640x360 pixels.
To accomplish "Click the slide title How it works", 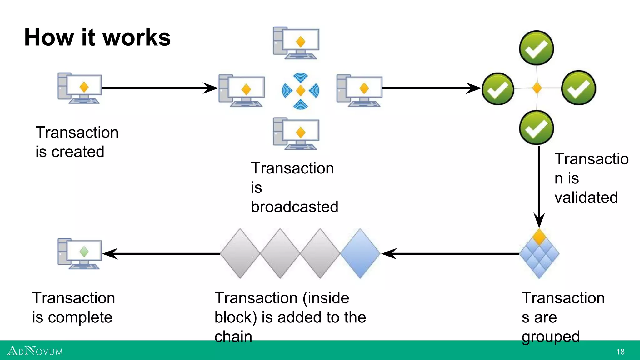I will pyautogui.click(x=97, y=37).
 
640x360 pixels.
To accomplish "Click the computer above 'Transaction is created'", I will pyautogui.click(x=80, y=88).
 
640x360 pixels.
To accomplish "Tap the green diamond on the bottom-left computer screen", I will pyautogui.click(x=84, y=252).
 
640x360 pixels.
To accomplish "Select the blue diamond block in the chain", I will pyautogui.click(x=360, y=253).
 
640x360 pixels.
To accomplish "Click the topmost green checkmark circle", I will pyautogui.click(x=537, y=48).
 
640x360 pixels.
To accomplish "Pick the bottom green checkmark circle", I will pyautogui.click(x=537, y=127).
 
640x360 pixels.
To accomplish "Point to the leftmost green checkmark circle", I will pyautogui.click(x=498, y=89).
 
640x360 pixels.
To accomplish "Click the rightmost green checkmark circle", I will pyautogui.click(x=579, y=88).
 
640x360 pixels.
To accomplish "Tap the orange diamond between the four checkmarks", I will pyautogui.click(x=537, y=88).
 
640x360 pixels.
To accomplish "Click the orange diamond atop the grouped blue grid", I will pyautogui.click(x=539, y=237).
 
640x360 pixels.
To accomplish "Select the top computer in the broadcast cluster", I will pyautogui.click(x=296, y=43).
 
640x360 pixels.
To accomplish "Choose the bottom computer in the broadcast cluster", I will pyautogui.click(x=296, y=133).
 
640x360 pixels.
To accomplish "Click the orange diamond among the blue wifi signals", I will pyautogui.click(x=300, y=91).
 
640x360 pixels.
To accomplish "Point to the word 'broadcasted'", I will pyautogui.click(x=294, y=207).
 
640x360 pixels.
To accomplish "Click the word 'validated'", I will pyautogui.click(x=586, y=198).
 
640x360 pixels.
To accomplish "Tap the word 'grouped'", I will pyautogui.click(x=551, y=337).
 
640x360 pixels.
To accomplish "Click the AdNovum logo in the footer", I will pyautogui.click(x=35, y=351).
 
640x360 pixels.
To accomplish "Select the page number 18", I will pyautogui.click(x=620, y=352).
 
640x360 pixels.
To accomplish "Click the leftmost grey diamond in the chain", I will pyautogui.click(x=240, y=253).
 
